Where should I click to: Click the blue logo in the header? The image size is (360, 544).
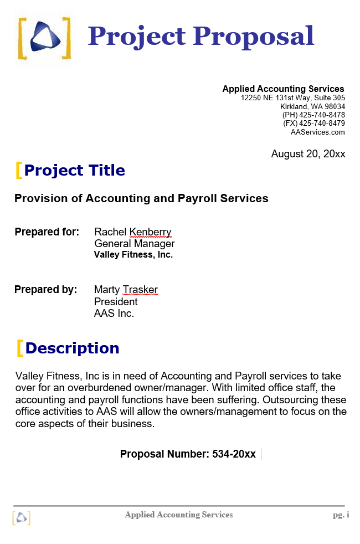click(45, 38)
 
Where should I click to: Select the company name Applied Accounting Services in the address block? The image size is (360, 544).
click(283, 89)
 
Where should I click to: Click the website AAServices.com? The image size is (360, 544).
click(317, 132)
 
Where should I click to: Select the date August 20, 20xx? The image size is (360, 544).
click(308, 154)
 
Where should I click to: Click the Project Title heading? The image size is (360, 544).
click(75, 170)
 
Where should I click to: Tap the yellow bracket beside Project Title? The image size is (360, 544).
click(19, 170)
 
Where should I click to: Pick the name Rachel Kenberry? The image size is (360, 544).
click(133, 232)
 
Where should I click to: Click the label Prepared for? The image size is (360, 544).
click(47, 232)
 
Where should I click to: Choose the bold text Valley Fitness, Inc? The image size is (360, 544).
click(133, 255)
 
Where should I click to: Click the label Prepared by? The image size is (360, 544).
click(46, 289)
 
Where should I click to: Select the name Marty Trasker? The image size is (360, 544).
click(126, 289)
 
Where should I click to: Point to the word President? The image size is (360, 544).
click(116, 301)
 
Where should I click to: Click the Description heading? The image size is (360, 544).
click(72, 348)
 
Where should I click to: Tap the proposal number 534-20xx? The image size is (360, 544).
click(234, 454)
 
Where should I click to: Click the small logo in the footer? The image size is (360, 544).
click(21, 517)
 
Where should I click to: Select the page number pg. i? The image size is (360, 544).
click(341, 515)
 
